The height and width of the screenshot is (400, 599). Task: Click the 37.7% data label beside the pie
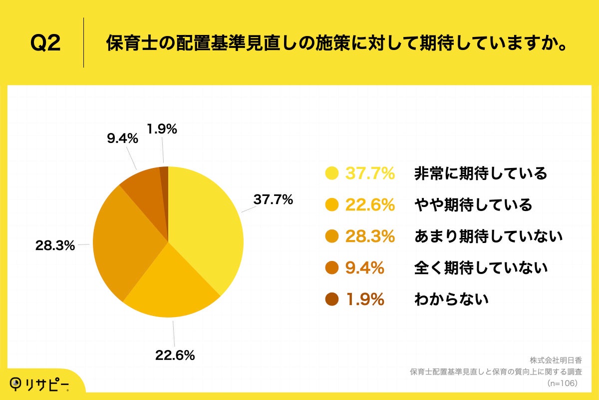pyautogui.click(x=273, y=199)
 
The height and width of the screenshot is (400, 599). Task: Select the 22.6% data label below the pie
pyautogui.click(x=174, y=355)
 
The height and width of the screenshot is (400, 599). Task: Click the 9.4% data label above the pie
pyautogui.click(x=122, y=138)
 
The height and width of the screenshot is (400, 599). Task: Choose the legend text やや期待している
pyautogui.click(x=473, y=205)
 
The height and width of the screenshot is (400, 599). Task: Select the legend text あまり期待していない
pyautogui.click(x=488, y=236)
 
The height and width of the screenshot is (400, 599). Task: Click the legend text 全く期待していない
pyautogui.click(x=481, y=268)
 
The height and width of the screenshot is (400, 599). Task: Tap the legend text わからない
pyautogui.click(x=451, y=299)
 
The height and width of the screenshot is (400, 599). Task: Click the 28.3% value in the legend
pyautogui.click(x=370, y=236)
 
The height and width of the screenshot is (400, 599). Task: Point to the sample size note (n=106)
pyautogui.click(x=562, y=383)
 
